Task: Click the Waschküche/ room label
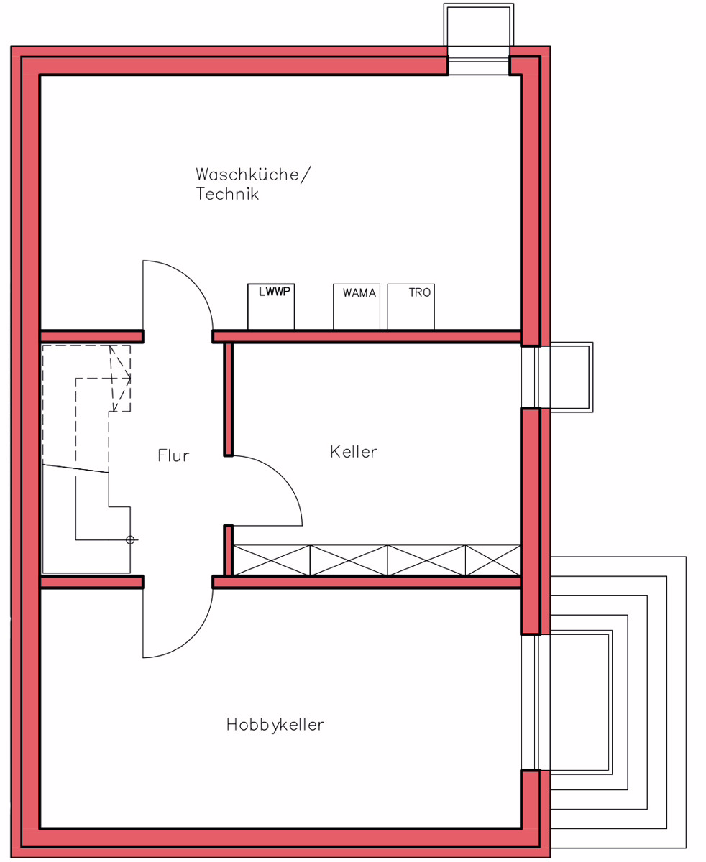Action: pyautogui.click(x=253, y=175)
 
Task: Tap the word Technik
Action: pyautogui.click(x=227, y=194)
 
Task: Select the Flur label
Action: pyautogui.click(x=173, y=455)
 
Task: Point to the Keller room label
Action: pyautogui.click(x=354, y=452)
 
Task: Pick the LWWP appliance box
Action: pyautogui.click(x=271, y=307)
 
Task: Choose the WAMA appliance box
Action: pyautogui.click(x=357, y=307)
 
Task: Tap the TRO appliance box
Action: pyautogui.click(x=411, y=307)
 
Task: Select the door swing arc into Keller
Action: pyautogui.click(x=283, y=476)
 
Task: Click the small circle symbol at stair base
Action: pyautogui.click(x=130, y=540)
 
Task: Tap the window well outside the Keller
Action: pyautogui.click(x=571, y=377)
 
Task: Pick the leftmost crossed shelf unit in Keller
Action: pyautogui.click(x=271, y=560)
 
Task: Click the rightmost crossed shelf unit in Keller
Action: pyautogui.click(x=492, y=560)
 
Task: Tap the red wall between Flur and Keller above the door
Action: pyautogui.click(x=229, y=399)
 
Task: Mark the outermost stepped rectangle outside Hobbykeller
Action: pyautogui.click(x=686, y=703)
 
